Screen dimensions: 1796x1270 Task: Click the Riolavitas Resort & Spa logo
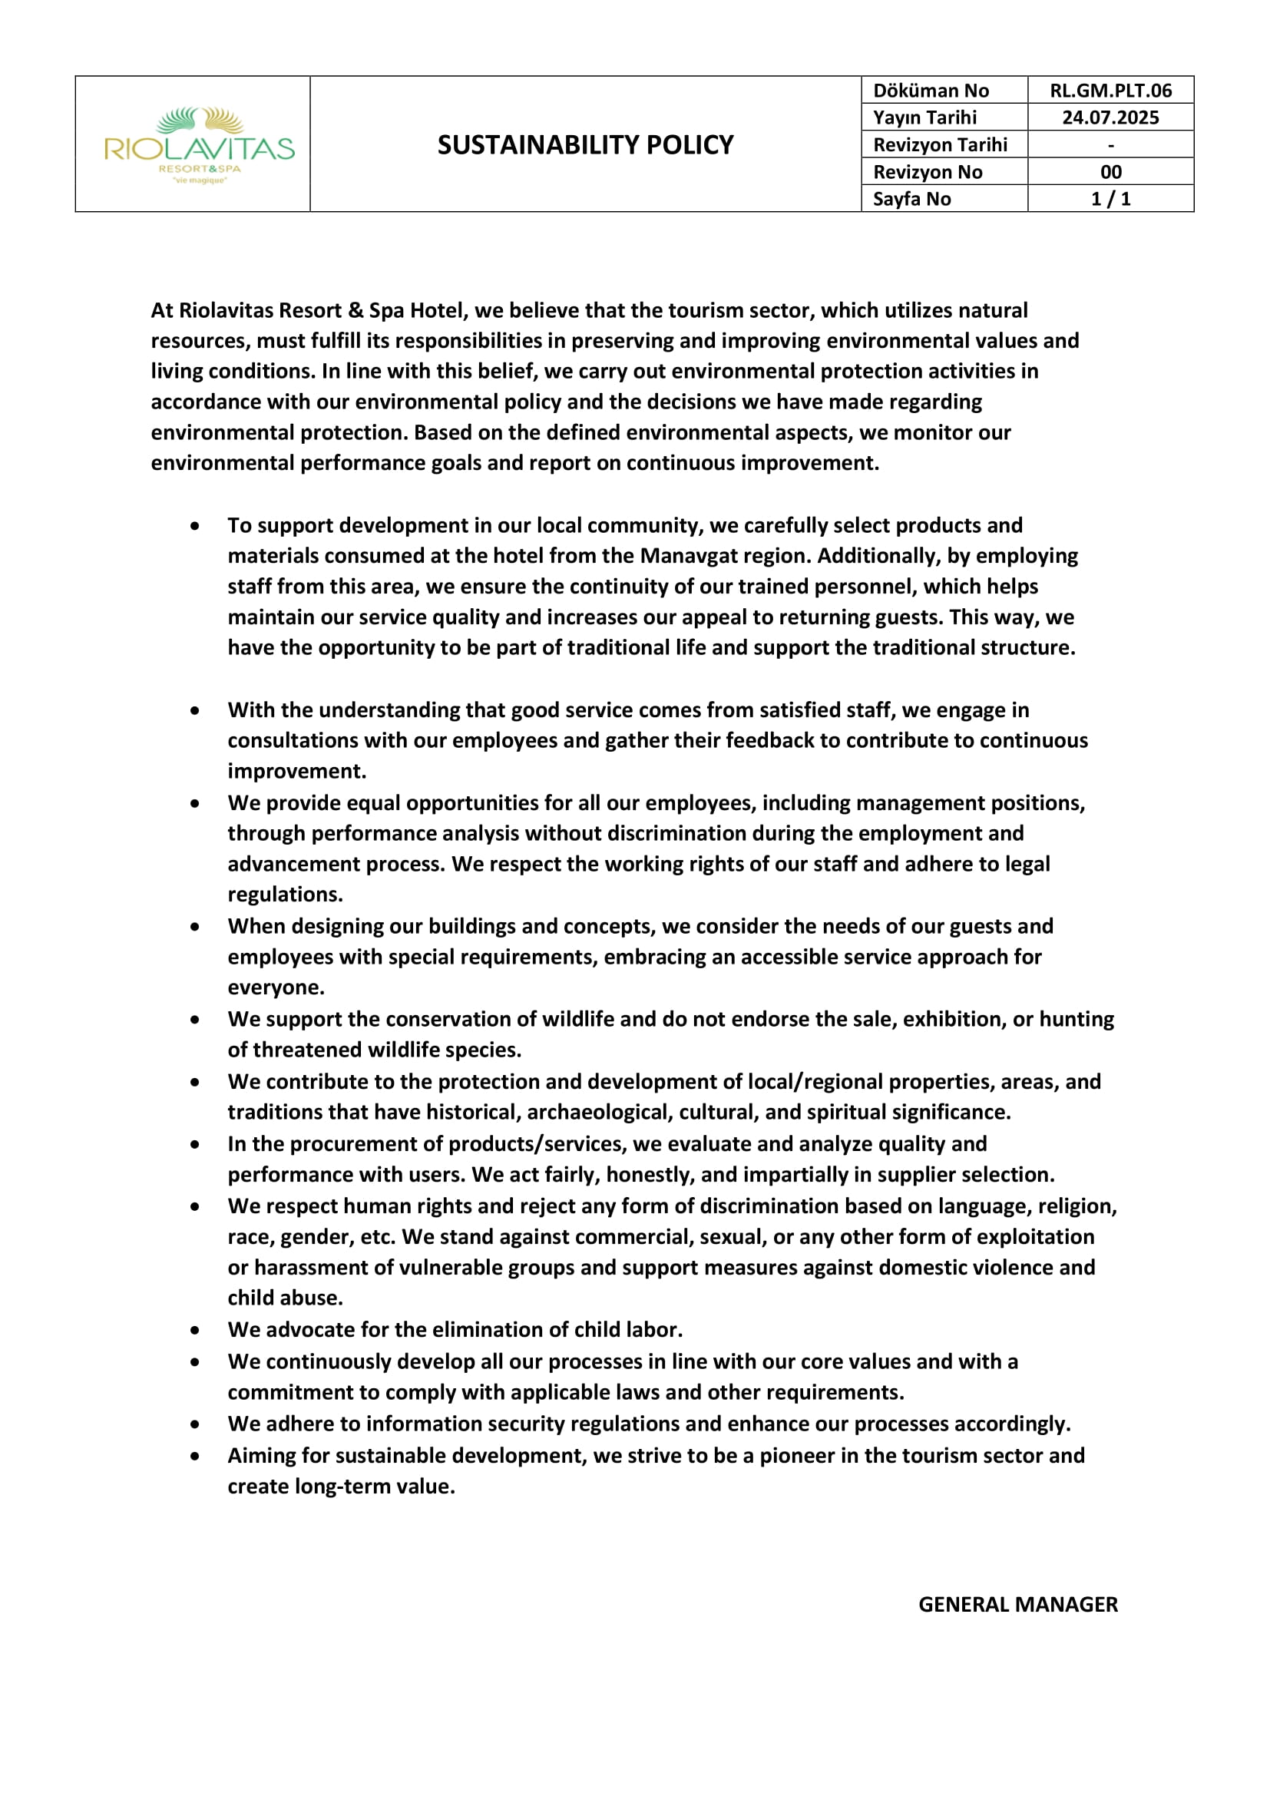pyautogui.click(x=200, y=145)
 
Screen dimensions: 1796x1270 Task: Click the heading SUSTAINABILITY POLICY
pyautogui.click(x=585, y=144)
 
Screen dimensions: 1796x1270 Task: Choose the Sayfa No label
pyautogui.click(x=912, y=199)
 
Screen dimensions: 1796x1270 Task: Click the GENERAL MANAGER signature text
pyautogui.click(x=1017, y=1604)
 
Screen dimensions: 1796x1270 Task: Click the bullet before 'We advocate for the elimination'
pyautogui.click(x=195, y=1330)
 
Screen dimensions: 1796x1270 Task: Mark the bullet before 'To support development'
pyautogui.click(x=195, y=526)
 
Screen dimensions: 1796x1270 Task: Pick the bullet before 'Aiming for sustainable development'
pyautogui.click(x=195, y=1457)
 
